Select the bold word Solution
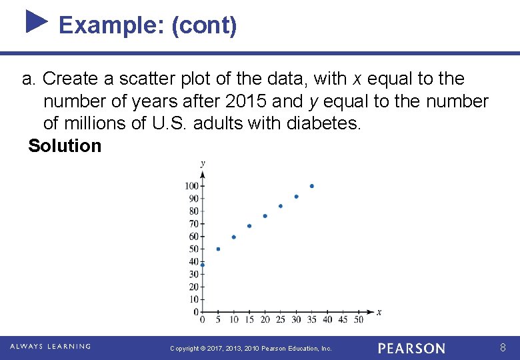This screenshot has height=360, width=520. click(65, 145)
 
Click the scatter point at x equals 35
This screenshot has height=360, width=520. click(312, 186)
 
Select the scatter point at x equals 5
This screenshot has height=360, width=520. click(218, 249)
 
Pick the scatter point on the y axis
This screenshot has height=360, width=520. click(203, 265)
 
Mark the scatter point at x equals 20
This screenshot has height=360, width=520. click(265, 216)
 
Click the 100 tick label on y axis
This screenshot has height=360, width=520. click(191, 186)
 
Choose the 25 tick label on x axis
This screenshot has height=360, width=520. click(280, 320)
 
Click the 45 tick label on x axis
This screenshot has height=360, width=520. click(343, 320)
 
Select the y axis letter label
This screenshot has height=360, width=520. click(202, 163)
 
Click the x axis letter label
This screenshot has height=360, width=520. click(379, 312)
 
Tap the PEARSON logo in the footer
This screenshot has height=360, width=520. click(411, 348)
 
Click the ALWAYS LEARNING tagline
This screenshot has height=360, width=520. click(50, 347)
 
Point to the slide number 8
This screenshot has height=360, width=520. click(502, 347)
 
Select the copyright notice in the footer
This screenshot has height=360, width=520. click(251, 349)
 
